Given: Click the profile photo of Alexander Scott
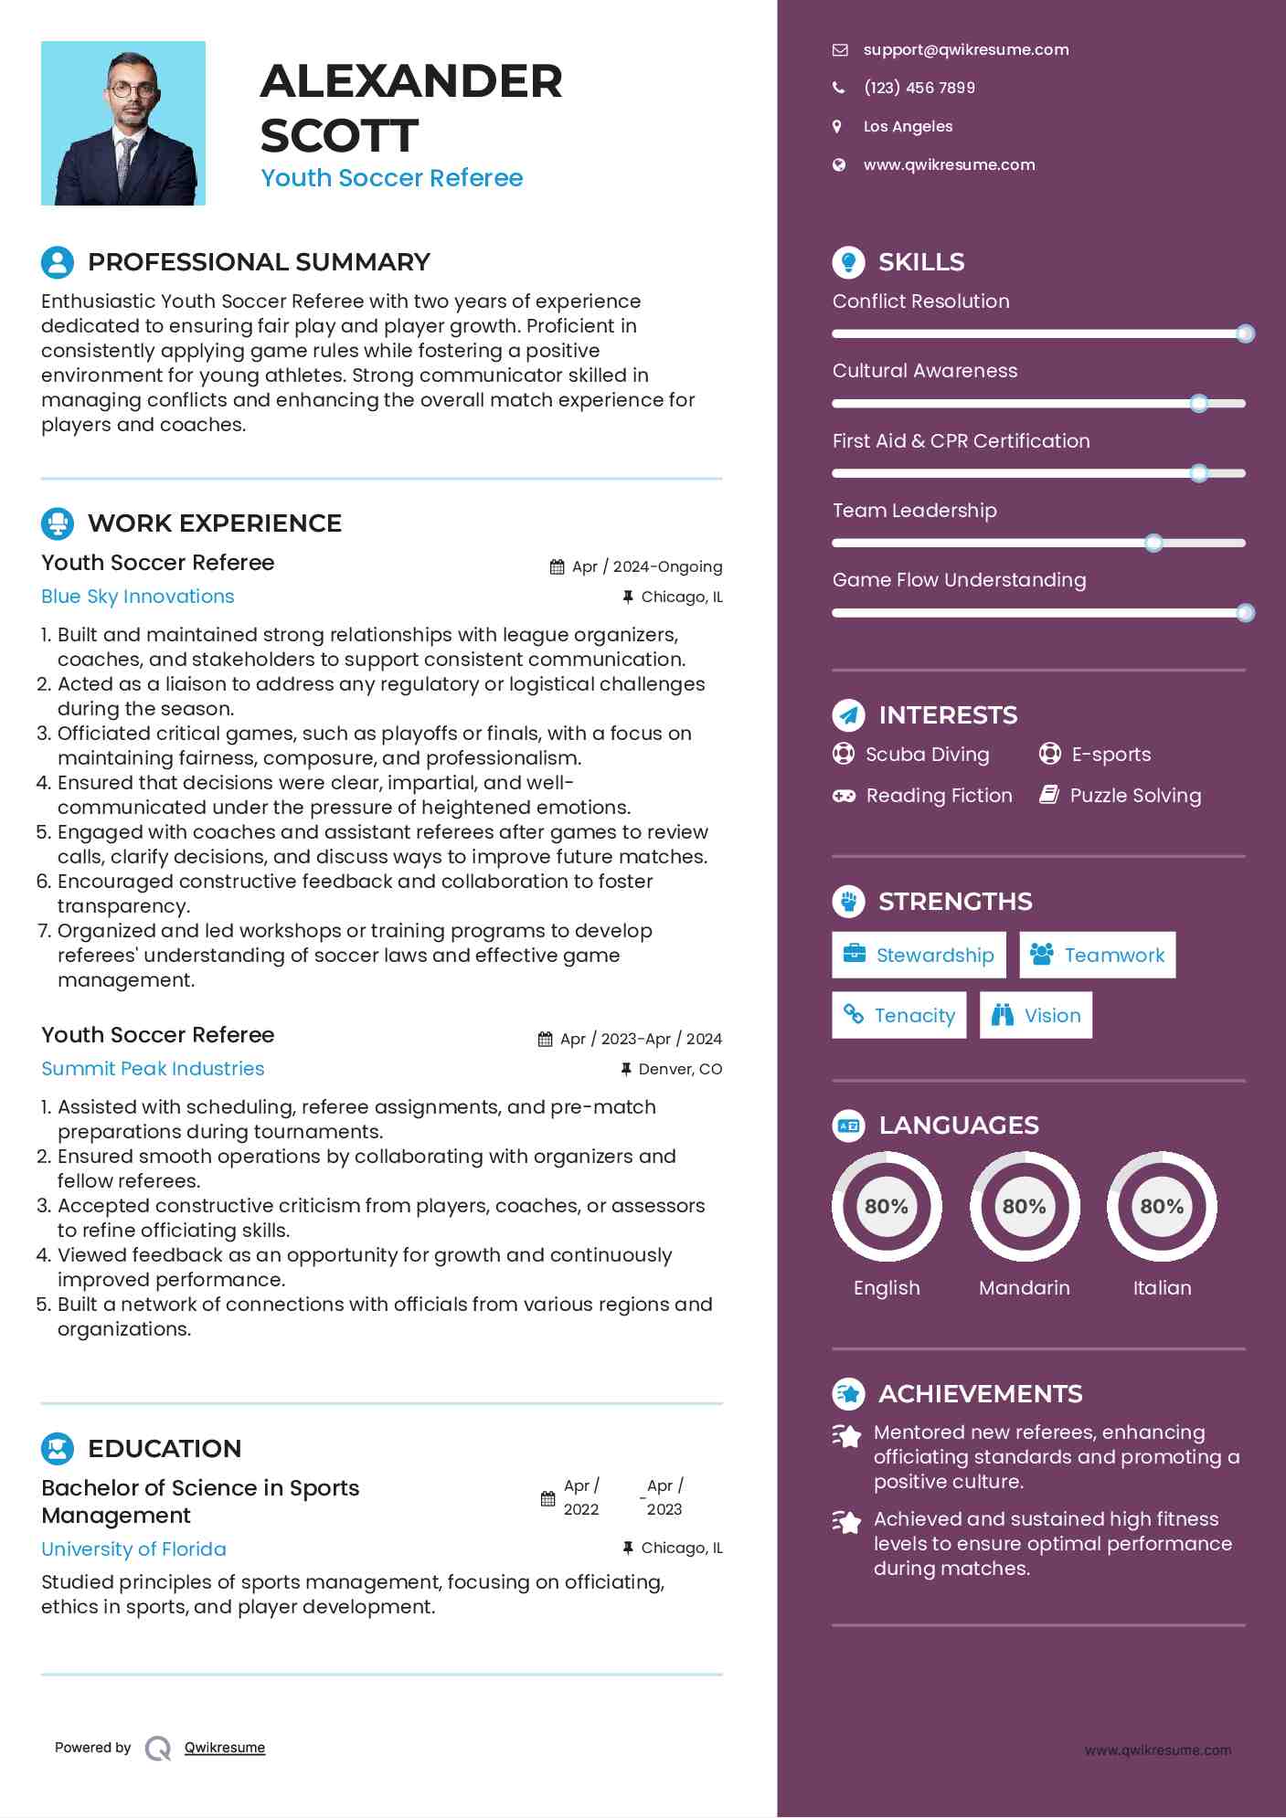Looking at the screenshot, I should coord(123,123).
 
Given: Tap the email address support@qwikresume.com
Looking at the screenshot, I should coord(965,49).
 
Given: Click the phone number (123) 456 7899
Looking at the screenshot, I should coord(919,88).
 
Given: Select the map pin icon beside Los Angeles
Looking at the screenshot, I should coord(837,126).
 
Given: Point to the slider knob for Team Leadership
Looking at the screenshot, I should coord(1153,543).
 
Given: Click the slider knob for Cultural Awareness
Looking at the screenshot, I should coord(1199,403).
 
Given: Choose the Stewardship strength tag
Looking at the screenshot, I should coord(919,955).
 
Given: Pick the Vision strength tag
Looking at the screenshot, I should coord(1036,1015).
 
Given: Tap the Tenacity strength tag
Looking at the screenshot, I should coord(898,1015).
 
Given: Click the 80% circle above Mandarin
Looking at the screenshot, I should coord(1024,1206).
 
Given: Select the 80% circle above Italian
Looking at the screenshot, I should coord(1162,1206).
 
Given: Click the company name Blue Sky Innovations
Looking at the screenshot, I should coord(138,597).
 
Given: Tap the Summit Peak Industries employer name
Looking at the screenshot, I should coord(153,1069).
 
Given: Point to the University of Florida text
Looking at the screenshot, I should coord(133,1549).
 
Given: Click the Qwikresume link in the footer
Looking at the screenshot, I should coord(225,1748).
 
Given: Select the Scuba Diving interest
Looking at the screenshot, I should coord(927,755).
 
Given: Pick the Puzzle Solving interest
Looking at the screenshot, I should coord(1135,796).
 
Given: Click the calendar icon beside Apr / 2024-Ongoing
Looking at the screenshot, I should coord(558,567).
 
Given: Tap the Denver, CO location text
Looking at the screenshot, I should coord(680,1069).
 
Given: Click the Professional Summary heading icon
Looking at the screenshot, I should coord(58,262).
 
